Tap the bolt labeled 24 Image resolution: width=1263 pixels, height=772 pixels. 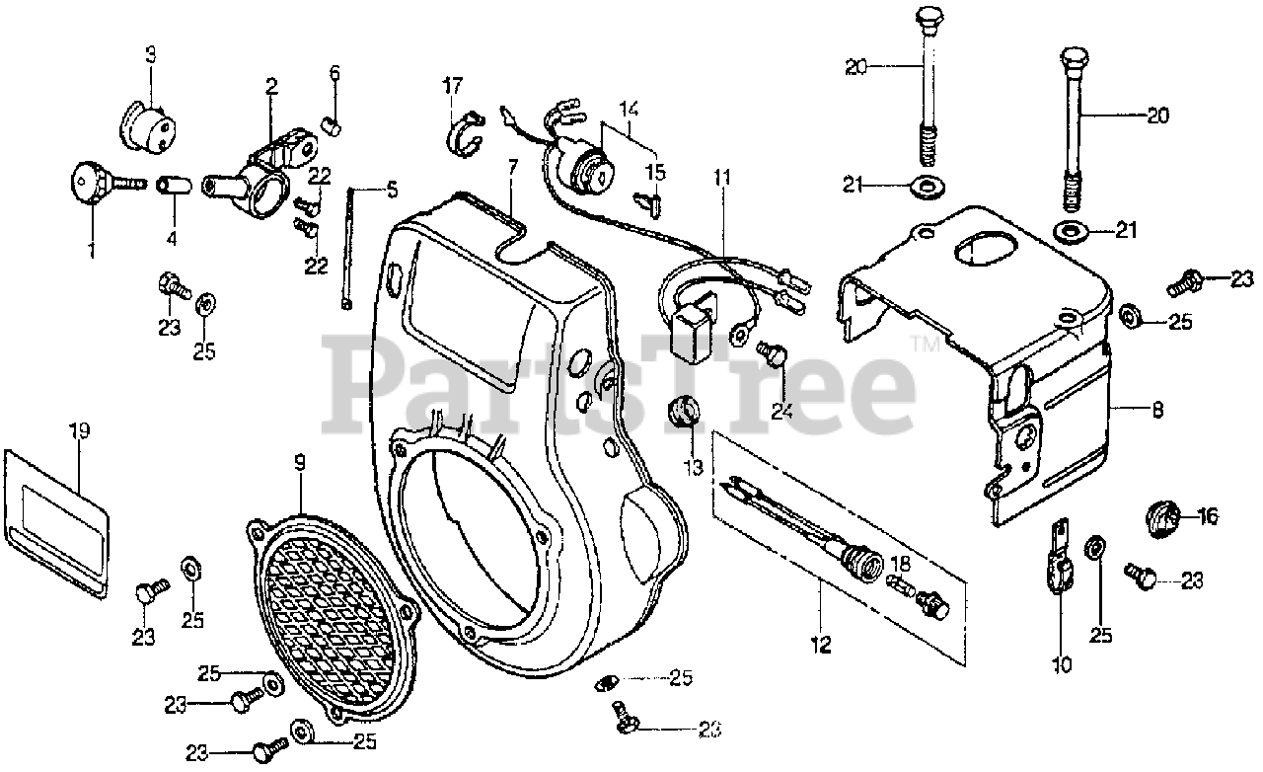(x=773, y=351)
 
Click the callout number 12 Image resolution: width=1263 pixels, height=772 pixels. (x=822, y=646)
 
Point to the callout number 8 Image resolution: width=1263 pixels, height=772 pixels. (x=1130, y=407)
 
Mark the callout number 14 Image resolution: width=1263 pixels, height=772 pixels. (x=630, y=108)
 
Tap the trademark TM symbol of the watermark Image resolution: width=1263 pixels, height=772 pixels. (x=925, y=345)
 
